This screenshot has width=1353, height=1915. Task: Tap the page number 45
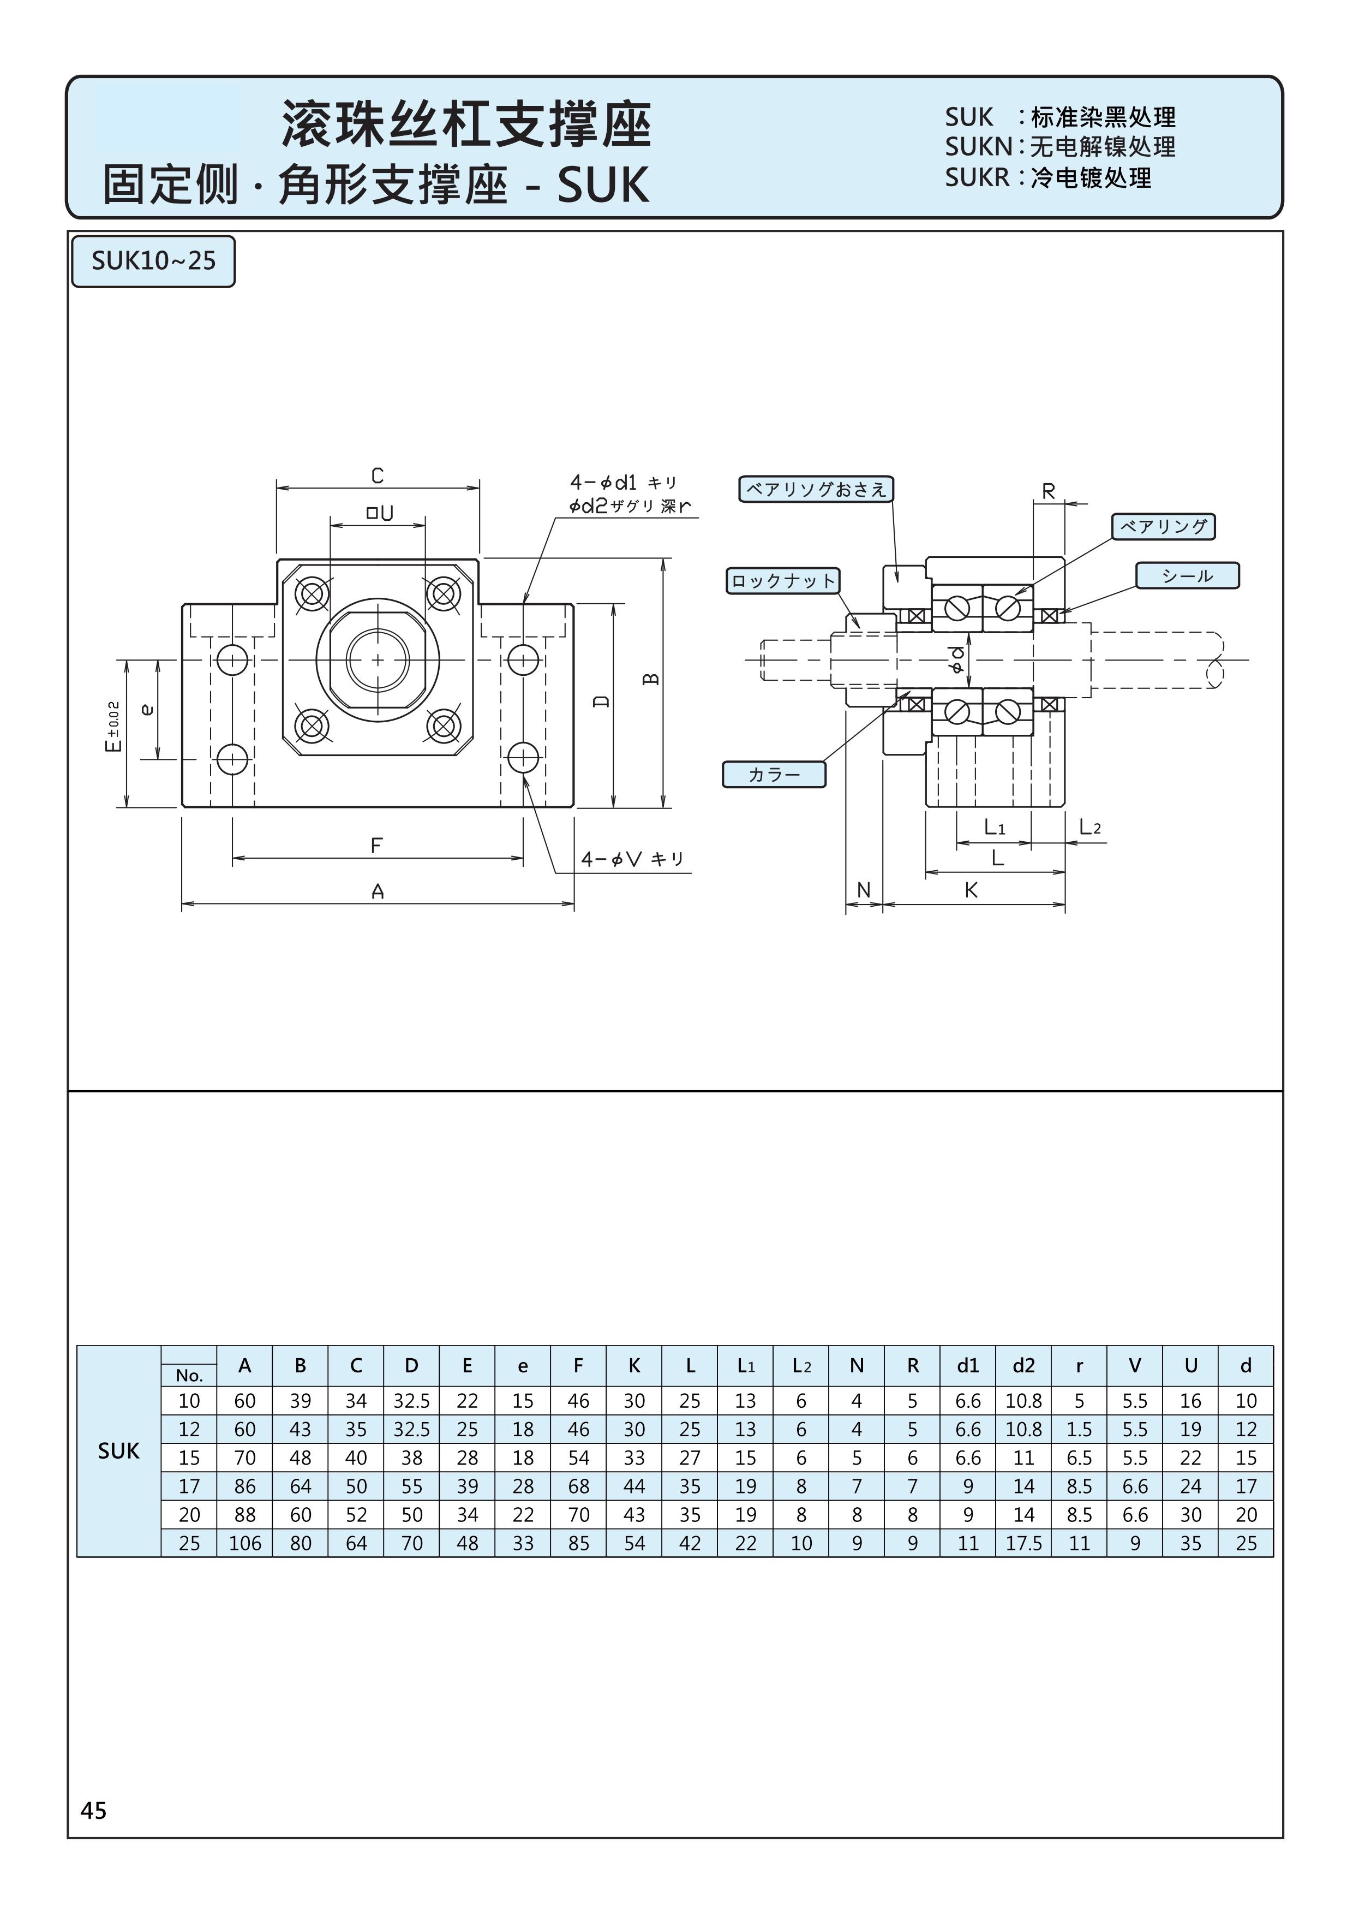pyautogui.click(x=93, y=1809)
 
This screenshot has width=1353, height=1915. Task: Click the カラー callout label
pyautogui.click(x=774, y=774)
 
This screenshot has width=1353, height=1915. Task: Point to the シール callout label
pyautogui.click(x=1187, y=575)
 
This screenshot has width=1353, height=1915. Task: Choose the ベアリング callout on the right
pyautogui.click(x=1163, y=526)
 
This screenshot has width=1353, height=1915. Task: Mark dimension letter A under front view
pyautogui.click(x=378, y=891)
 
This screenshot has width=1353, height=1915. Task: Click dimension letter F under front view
pyautogui.click(x=377, y=846)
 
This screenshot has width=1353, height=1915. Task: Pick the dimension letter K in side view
pyautogui.click(x=971, y=890)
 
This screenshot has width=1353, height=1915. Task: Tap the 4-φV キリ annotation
pyautogui.click(x=632, y=859)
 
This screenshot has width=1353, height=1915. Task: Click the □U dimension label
pyautogui.click(x=379, y=513)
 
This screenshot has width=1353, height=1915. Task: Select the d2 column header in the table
pyautogui.click(x=1023, y=1365)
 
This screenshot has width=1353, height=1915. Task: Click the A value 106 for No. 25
pyautogui.click(x=245, y=1543)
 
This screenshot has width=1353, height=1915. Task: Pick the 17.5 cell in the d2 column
pyautogui.click(x=1023, y=1543)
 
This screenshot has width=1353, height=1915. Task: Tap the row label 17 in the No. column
pyautogui.click(x=189, y=1486)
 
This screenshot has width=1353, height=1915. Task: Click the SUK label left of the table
pyautogui.click(x=118, y=1452)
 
